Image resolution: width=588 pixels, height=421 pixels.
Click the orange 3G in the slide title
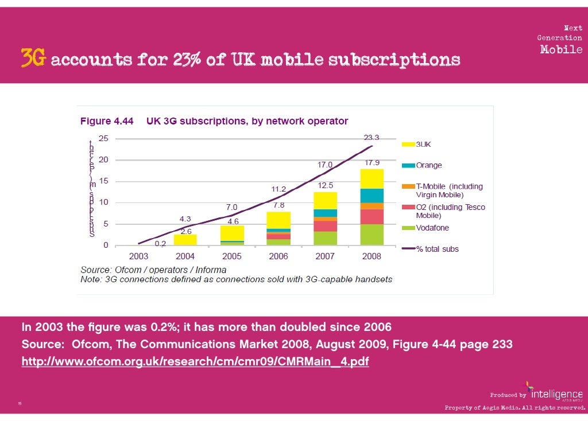(33, 60)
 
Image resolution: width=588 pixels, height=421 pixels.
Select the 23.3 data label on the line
(372, 138)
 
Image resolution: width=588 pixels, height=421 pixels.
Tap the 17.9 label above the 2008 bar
(372, 162)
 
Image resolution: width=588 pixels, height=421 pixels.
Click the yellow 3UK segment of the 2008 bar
(372, 178)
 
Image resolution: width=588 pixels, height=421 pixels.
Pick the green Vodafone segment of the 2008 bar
(372, 235)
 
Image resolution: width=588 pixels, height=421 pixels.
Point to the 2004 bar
(185, 240)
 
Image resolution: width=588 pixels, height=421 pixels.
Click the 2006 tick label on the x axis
(278, 256)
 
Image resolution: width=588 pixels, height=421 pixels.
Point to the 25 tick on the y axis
(103, 138)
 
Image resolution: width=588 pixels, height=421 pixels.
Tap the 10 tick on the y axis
(103, 202)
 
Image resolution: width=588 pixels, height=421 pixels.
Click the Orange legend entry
(428, 165)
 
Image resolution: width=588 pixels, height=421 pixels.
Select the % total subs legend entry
(437, 249)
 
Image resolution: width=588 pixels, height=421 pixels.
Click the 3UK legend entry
(425, 145)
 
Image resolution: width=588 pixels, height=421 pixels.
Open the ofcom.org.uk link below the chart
(195, 362)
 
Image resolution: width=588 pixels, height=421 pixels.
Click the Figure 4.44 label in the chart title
(106, 121)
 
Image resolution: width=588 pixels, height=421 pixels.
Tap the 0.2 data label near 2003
(161, 243)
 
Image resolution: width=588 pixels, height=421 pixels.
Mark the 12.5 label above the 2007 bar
(326, 185)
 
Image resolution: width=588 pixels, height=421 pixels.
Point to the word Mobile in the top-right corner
(561, 49)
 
